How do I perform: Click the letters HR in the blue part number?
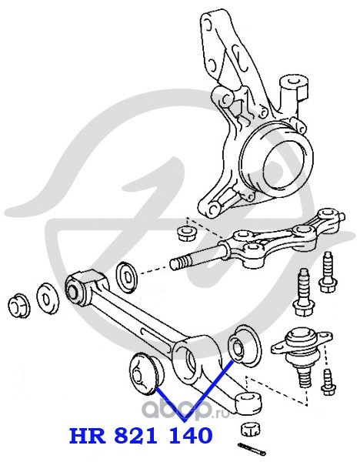pos(88,436)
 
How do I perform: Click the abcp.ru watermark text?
pos(182,410)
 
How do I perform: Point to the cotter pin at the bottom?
pos(252,449)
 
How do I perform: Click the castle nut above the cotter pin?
pos(251,430)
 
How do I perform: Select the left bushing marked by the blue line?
pos(146,373)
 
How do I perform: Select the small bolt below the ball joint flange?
pos(328,382)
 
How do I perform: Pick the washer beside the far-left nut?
pos(48,300)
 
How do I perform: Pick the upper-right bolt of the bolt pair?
pos(328,273)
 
